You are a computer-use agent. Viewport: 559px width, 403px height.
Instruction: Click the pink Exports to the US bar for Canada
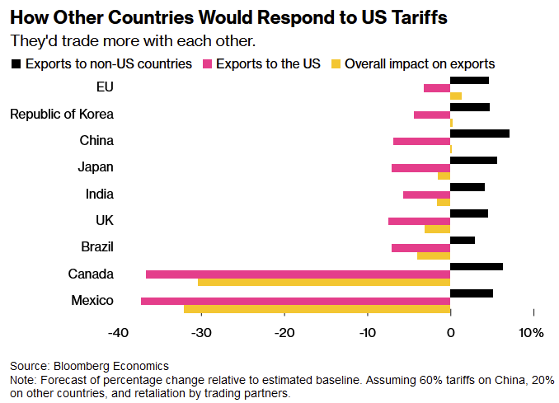[x=298, y=274]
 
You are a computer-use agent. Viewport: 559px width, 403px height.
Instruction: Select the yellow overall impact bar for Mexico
[x=317, y=309]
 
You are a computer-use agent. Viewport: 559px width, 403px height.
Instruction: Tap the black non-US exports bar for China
[x=480, y=133]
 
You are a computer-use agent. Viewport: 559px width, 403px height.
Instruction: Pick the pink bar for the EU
[x=437, y=88]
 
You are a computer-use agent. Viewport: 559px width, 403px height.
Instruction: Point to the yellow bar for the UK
[x=437, y=229]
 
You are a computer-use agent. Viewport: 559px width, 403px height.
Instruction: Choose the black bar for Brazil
[x=463, y=240]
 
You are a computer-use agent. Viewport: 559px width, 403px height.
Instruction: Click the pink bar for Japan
[x=420, y=167]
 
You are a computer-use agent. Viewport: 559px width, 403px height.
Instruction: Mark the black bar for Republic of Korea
[x=470, y=106]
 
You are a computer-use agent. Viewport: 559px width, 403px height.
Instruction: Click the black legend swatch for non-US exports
[x=16, y=63]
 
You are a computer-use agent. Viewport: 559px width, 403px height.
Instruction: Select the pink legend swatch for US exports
[x=206, y=63]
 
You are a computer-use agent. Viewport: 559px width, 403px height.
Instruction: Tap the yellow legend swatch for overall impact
[x=335, y=63]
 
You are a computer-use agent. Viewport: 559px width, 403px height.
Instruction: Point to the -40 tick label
[x=119, y=333]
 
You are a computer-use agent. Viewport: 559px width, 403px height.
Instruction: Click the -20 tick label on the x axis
[x=284, y=333]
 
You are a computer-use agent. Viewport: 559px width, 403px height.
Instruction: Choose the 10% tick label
[x=532, y=333]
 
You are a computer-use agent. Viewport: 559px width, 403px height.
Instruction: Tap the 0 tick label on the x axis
[x=450, y=333]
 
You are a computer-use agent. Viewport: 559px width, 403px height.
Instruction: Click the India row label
[x=99, y=194]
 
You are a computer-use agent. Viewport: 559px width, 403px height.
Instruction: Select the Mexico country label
[x=92, y=301]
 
